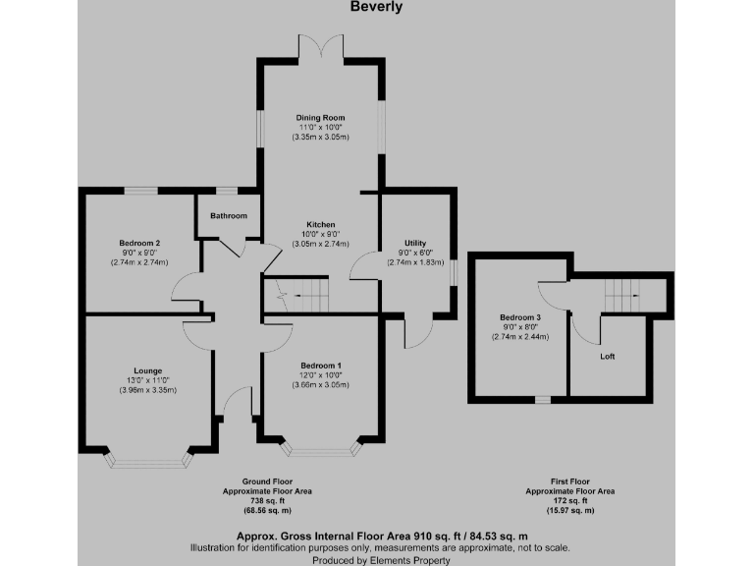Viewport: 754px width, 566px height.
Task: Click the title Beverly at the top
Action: pos(376,7)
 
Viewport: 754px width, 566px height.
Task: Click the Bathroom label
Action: pos(228,215)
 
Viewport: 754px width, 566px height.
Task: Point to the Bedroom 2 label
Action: pos(139,243)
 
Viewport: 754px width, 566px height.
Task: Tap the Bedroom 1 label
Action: pos(320,366)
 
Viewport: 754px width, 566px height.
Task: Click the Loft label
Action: pos(608,356)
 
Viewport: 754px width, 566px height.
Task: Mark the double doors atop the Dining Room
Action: pos(320,47)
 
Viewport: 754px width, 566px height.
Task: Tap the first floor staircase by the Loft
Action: pos(620,293)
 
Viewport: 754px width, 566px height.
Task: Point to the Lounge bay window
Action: pos(147,457)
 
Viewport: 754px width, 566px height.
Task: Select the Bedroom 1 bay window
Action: pos(320,450)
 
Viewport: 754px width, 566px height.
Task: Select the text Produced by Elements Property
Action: pos(377,558)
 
